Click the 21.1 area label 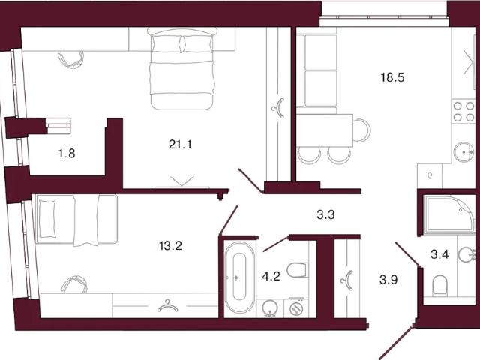tap(180, 144)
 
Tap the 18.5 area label tap(392, 77)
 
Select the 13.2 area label tap(170, 245)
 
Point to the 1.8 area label tap(67, 153)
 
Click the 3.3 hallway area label tap(325, 215)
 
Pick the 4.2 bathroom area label tap(271, 277)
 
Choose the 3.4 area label tap(439, 254)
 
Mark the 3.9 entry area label tap(388, 280)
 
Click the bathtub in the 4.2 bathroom tap(239, 277)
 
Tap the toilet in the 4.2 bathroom tap(296, 270)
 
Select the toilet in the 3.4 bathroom tap(440, 285)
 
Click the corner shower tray tap(449, 214)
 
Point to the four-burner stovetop tap(463, 112)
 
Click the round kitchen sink tap(463, 151)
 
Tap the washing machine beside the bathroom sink tap(295, 308)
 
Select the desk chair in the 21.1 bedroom tap(71, 59)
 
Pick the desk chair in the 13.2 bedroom tap(74, 284)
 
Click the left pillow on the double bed tap(166, 43)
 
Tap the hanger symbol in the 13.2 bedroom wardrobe tap(167, 306)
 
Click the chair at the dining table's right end tap(361, 130)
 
